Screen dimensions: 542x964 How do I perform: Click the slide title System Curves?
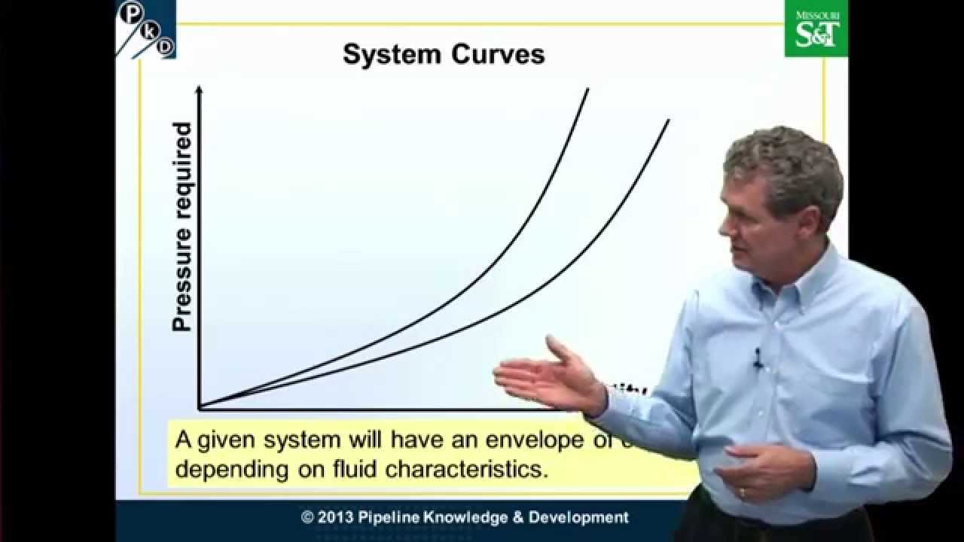[444, 54]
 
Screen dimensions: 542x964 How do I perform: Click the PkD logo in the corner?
[146, 29]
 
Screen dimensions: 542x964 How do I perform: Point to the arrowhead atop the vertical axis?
[199, 90]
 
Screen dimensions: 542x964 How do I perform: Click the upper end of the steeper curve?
[587, 90]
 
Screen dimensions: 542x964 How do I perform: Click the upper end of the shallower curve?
[667, 121]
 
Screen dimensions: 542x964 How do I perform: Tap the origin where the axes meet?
[200, 408]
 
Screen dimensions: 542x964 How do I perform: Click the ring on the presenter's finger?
[742, 493]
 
